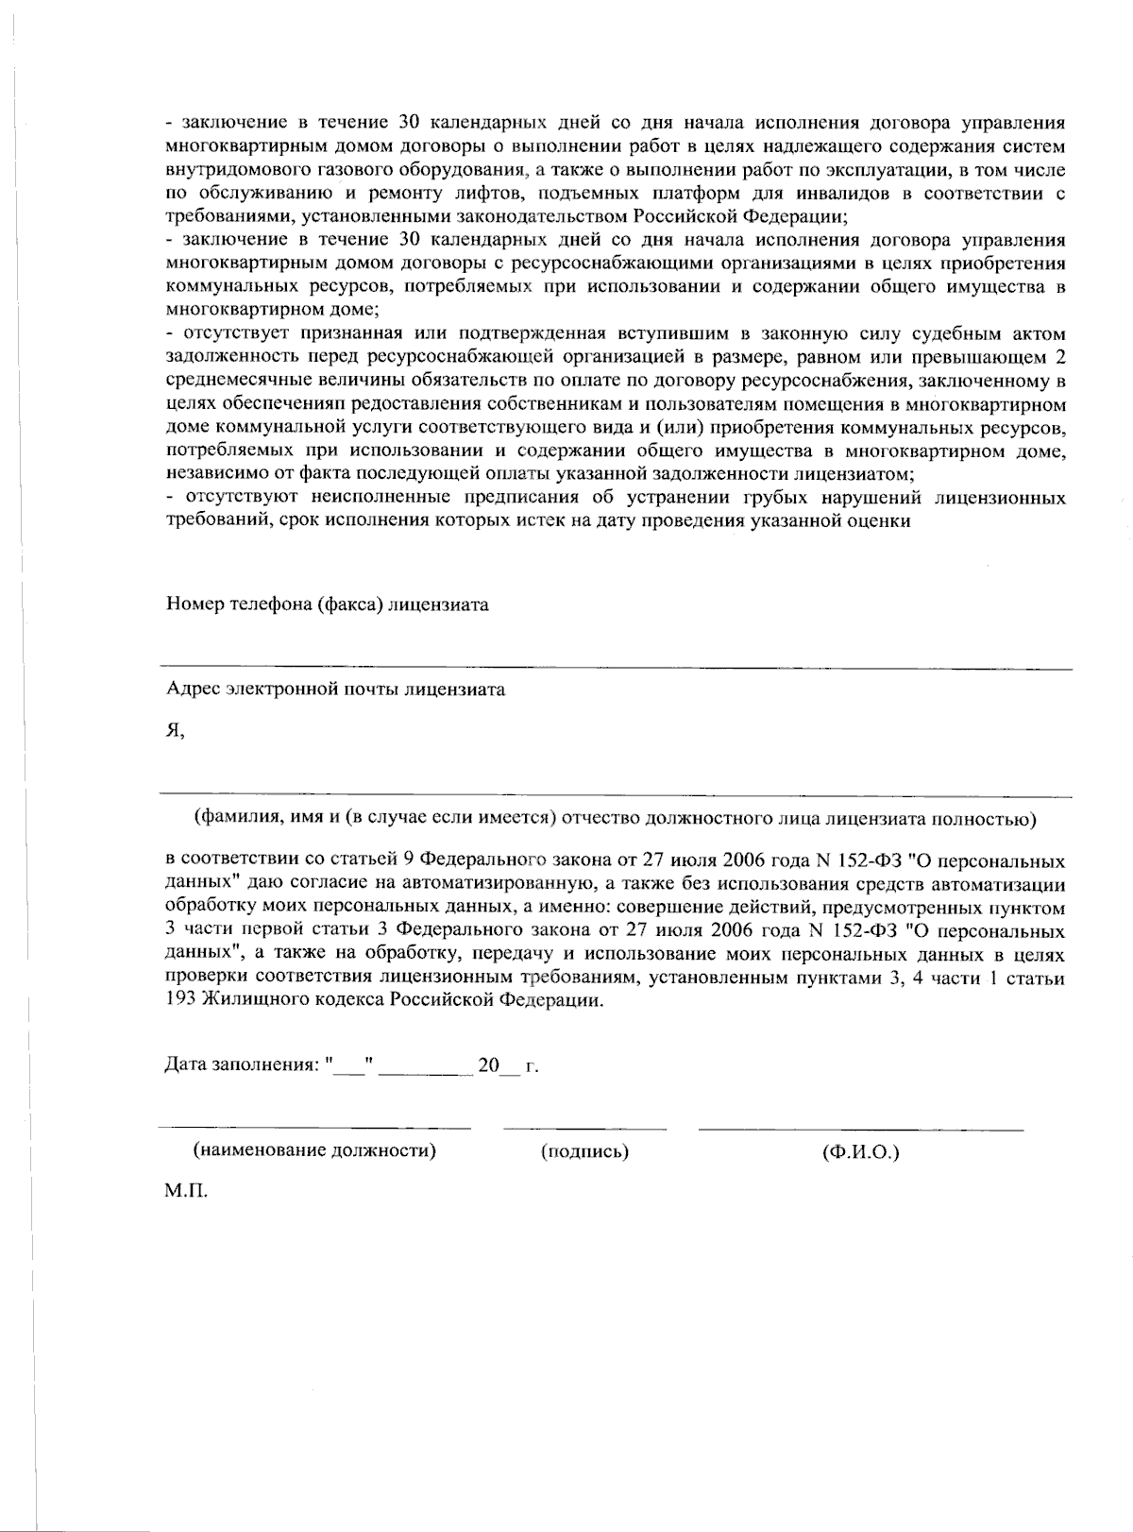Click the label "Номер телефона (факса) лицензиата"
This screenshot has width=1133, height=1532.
point(327,604)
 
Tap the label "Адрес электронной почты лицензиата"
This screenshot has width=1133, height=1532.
point(335,689)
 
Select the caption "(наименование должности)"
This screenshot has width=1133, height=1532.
point(314,1151)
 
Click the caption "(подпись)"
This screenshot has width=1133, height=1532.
point(584,1151)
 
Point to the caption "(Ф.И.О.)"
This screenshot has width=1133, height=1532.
point(860,1151)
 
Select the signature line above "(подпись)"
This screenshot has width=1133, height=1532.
point(584,1128)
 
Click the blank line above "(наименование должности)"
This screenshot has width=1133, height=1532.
point(314,1128)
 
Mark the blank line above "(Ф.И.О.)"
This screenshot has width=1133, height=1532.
point(860,1128)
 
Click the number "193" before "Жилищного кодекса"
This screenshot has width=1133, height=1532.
point(180,1001)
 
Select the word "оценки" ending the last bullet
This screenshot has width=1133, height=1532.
point(881,520)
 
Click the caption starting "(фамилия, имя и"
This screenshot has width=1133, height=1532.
point(615,818)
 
